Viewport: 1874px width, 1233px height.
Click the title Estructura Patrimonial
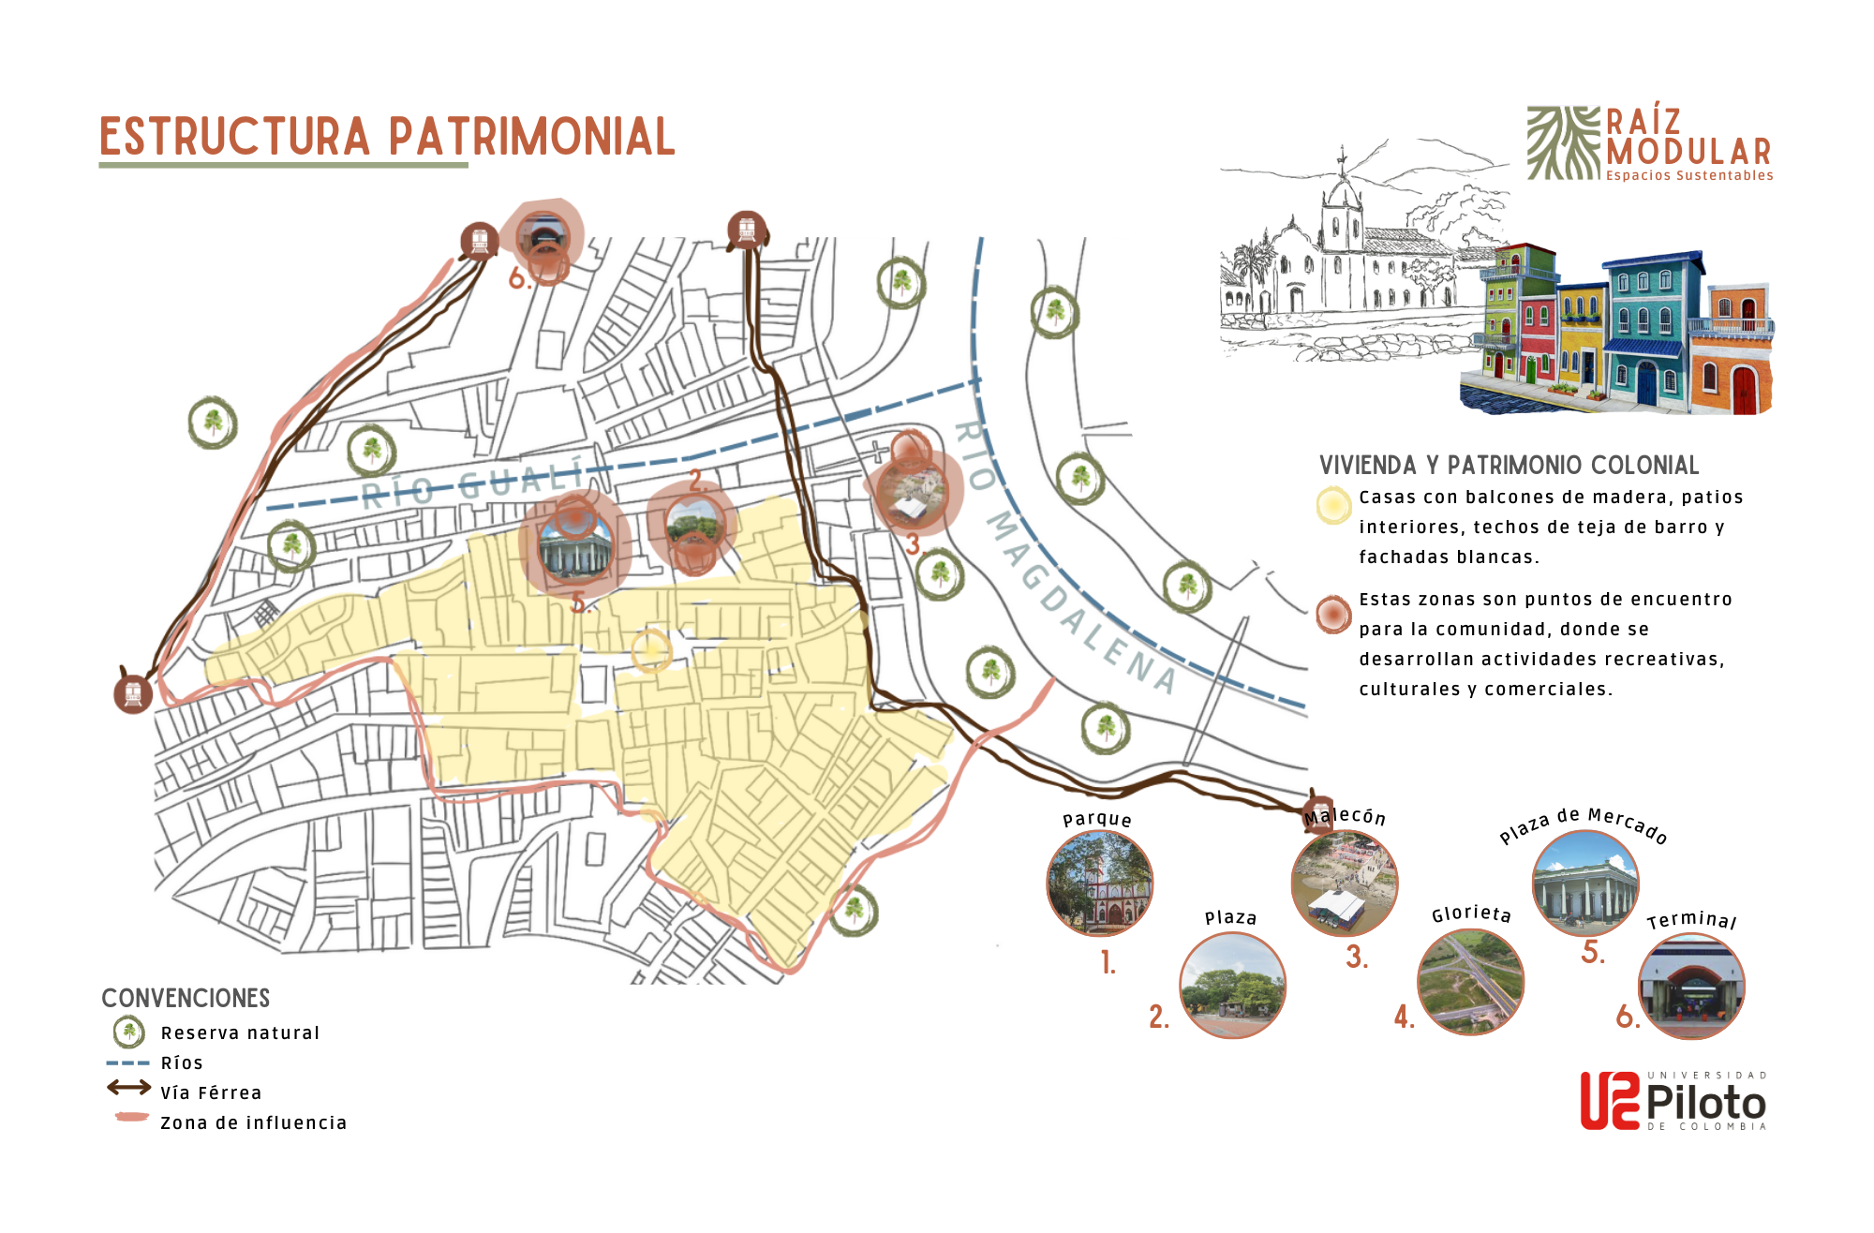pyautogui.click(x=387, y=137)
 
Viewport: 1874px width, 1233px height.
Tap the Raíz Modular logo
pyautogui.click(x=1649, y=143)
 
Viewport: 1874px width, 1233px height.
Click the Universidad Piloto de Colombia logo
pyautogui.click(x=1673, y=1101)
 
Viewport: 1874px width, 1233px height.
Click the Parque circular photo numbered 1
pyautogui.click(x=1099, y=883)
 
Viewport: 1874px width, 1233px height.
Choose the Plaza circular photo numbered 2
pyautogui.click(x=1231, y=985)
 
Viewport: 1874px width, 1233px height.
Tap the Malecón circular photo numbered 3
pyautogui.click(x=1344, y=883)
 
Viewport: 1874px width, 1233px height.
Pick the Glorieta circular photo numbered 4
pyautogui.click(x=1470, y=982)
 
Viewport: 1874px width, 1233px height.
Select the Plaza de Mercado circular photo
pyautogui.click(x=1584, y=883)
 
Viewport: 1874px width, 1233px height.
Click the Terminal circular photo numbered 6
pyautogui.click(x=1690, y=986)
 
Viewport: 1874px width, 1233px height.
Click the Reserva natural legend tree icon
pyautogui.click(x=128, y=1032)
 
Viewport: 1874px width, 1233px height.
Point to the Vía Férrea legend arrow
pyautogui.click(x=128, y=1088)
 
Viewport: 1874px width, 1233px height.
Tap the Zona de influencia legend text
pyautogui.click(x=253, y=1122)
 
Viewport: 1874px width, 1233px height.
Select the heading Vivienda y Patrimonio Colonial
pyautogui.click(x=1509, y=465)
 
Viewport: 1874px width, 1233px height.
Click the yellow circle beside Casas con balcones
pyautogui.click(x=1332, y=505)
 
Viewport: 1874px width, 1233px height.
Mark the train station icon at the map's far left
pyautogui.click(x=133, y=694)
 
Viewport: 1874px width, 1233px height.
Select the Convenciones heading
pyautogui.click(x=186, y=998)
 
